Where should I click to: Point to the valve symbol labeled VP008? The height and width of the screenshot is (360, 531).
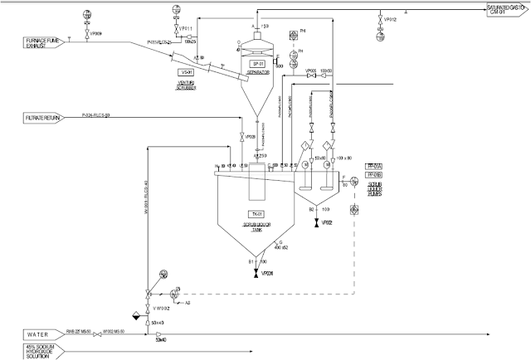241,136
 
